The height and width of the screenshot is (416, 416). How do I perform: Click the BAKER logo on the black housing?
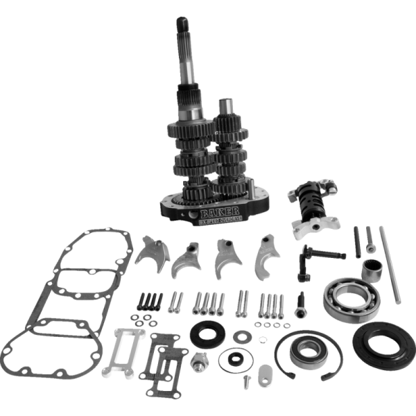point(218,210)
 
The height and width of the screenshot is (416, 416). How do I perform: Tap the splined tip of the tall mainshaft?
point(177,28)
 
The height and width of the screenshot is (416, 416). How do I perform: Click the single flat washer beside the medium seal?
point(242,336)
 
